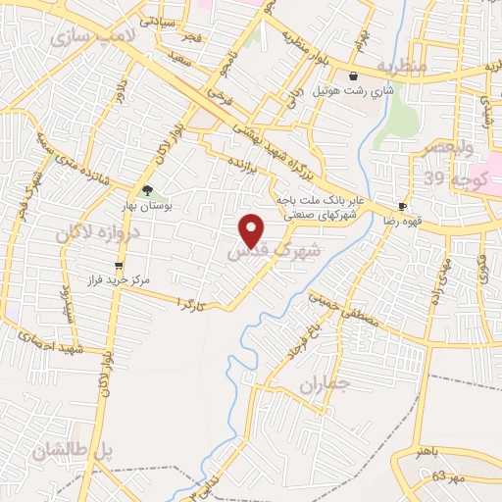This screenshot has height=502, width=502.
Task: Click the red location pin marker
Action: pos(253,231)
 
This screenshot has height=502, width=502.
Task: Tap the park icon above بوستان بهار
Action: pos(147,190)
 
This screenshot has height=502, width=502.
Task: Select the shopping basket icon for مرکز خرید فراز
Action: pos(120,265)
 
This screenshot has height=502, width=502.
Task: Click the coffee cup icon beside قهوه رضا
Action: pos(402,206)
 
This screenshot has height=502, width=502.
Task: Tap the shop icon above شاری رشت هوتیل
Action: pos(354,75)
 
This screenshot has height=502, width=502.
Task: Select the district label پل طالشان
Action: pos(74,452)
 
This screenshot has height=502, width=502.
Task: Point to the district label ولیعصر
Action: pos(448,149)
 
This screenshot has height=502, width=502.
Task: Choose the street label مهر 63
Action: pos(425,477)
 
